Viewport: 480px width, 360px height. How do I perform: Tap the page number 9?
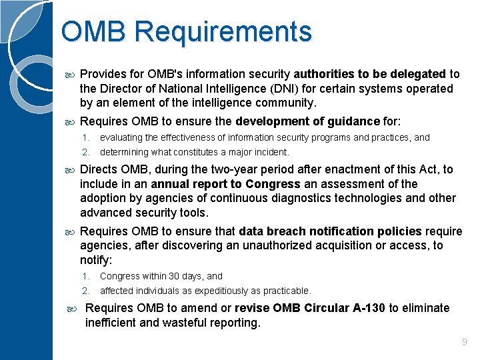[465, 342]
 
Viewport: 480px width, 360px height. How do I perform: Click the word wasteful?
[165, 323]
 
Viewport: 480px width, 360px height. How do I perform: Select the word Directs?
[99, 169]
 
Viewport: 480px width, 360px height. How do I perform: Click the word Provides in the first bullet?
[103, 74]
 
